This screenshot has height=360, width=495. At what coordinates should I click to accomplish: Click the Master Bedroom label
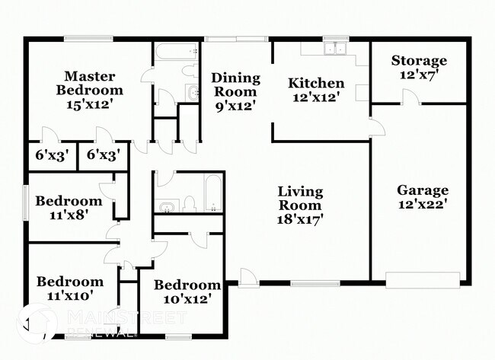click(x=89, y=83)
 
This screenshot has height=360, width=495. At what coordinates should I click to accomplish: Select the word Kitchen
click(x=315, y=83)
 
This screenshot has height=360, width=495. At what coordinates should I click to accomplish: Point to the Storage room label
click(x=419, y=61)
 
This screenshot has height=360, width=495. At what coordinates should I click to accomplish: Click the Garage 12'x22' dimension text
click(x=423, y=204)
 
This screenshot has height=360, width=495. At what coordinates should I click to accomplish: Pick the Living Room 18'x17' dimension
click(x=300, y=219)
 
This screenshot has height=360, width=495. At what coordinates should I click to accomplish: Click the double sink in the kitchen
click(x=334, y=49)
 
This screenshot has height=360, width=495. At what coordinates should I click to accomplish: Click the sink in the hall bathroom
click(x=167, y=205)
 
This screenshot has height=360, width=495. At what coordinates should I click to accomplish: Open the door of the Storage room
click(x=410, y=97)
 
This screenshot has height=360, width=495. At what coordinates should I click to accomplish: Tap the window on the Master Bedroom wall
click(x=88, y=38)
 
